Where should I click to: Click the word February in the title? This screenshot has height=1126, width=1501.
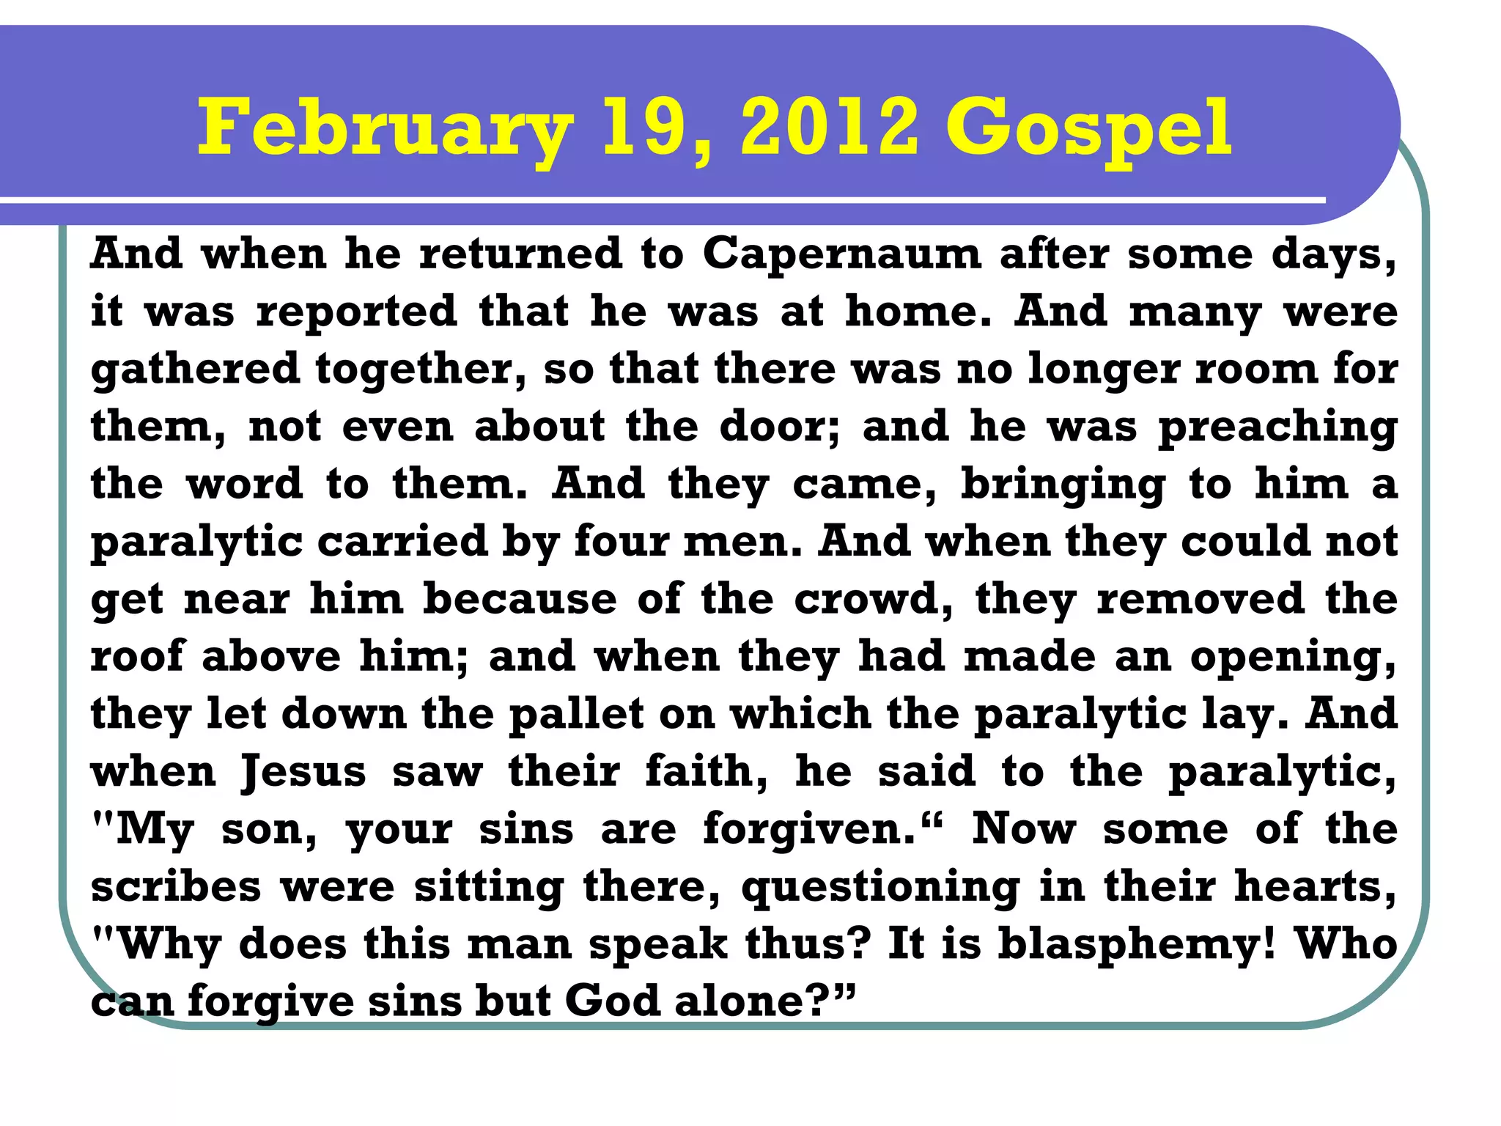[385, 130]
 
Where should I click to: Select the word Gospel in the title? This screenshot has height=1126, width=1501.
[1088, 130]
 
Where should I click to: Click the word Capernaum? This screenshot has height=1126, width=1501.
[841, 254]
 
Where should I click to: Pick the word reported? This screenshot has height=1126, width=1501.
[356, 312]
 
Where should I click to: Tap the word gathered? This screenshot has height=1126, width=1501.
[195, 369]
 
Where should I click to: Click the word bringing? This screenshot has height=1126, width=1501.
[1063, 485]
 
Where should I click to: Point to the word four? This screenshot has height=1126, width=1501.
[620, 542]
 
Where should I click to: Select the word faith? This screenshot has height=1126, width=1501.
[706, 771]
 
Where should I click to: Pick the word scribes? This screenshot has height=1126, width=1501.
[176, 887]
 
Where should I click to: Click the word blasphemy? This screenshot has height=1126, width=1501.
[1137, 945]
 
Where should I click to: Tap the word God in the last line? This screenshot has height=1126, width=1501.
[612, 1001]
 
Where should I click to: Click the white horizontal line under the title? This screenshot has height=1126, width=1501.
[660, 199]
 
